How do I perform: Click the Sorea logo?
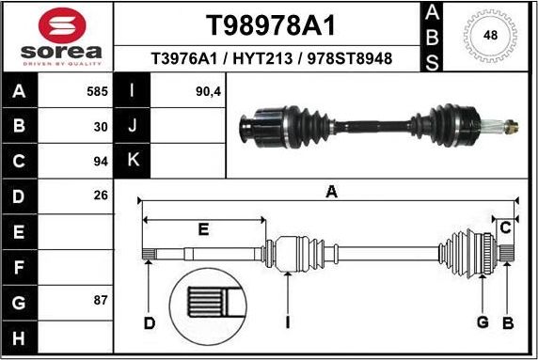click(x=57, y=37)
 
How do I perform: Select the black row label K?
click(x=133, y=161)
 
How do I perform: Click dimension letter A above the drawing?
click(x=331, y=192)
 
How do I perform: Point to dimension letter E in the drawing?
click(x=203, y=228)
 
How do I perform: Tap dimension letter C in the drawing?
click(x=505, y=228)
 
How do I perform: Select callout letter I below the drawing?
click(x=288, y=324)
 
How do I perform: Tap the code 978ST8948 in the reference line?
click(x=350, y=59)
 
